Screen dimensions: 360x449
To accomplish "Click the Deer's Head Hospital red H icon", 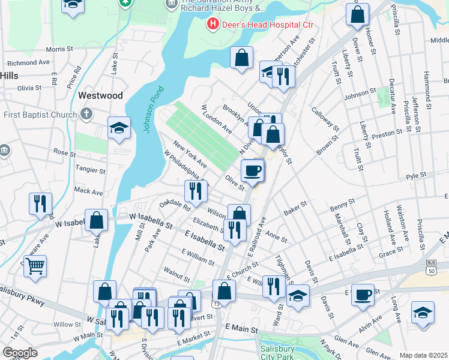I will [211, 25].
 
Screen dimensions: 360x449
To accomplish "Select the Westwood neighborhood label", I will [100, 95].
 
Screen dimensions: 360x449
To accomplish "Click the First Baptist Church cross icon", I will [87, 113].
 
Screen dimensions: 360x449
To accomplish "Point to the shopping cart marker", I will [35, 264].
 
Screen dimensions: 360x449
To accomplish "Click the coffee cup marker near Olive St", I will [253, 170].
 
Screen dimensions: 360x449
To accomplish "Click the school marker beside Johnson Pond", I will [119, 127].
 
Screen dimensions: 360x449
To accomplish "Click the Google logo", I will [20, 352].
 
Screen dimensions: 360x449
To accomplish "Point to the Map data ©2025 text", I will [423, 355].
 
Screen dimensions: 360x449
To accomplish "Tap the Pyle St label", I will [415, 176].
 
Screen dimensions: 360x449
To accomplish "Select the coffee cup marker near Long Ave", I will [363, 295].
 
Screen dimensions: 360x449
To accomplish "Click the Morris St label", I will [59, 49].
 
